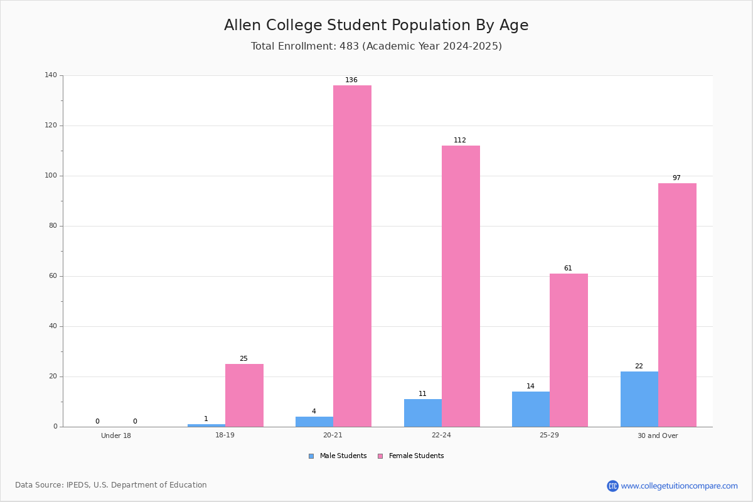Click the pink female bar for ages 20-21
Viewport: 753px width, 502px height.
[352, 256]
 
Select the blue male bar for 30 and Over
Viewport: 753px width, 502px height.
[639, 399]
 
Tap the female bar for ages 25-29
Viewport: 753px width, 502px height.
[569, 350]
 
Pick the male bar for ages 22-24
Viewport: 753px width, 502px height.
[423, 413]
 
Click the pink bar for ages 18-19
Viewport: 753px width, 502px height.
[244, 395]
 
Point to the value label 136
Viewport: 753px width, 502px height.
[351, 80]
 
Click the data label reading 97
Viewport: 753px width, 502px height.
[676, 178]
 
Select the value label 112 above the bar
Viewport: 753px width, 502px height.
[460, 140]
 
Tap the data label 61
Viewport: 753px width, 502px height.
[568, 269]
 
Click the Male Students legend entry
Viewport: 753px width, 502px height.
[338, 456]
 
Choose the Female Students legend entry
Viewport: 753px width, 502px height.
[411, 456]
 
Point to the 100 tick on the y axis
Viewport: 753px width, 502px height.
[51, 176]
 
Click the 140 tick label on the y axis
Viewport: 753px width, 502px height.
[51, 75]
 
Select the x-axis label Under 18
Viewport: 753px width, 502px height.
[116, 435]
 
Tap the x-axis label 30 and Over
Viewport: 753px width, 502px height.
[658, 435]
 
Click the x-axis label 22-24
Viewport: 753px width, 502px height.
[441, 435]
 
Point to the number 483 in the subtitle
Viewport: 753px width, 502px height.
[350, 46]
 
